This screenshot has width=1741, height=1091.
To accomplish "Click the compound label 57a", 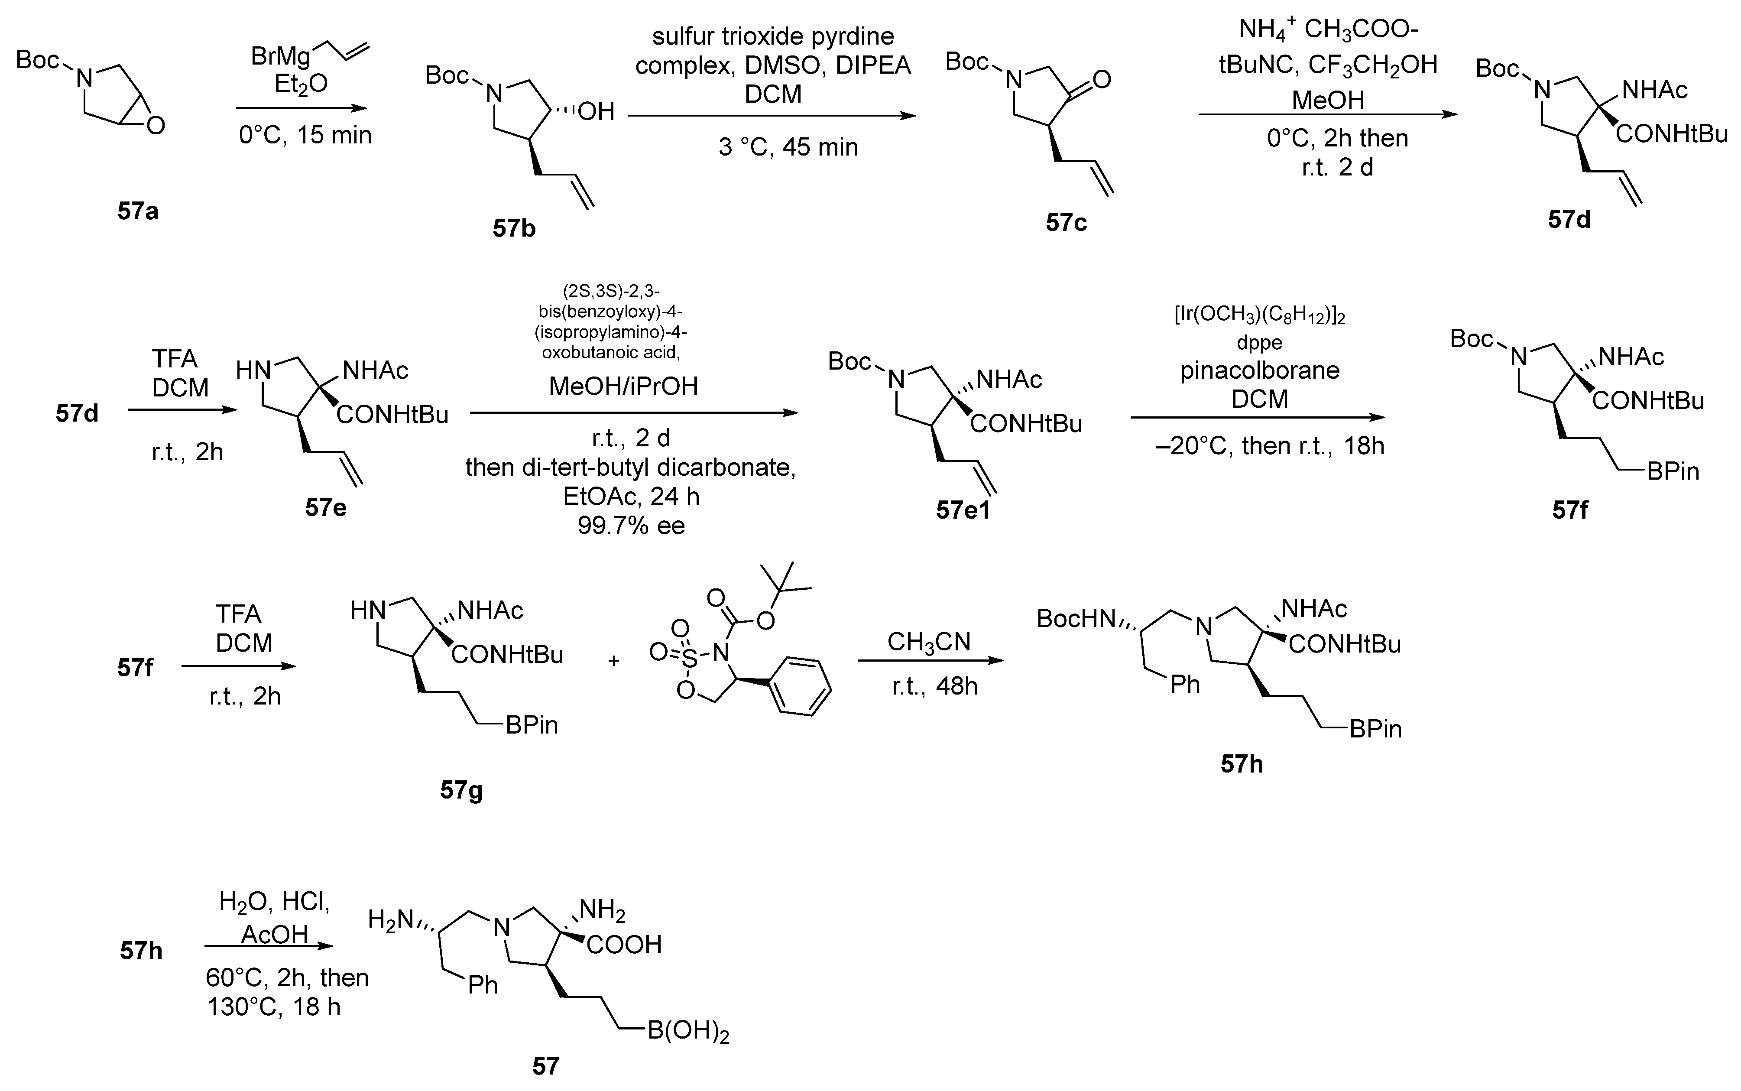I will tap(138, 211).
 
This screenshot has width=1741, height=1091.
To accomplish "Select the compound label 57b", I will tap(514, 229).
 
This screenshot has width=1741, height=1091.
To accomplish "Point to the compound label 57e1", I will tap(963, 510).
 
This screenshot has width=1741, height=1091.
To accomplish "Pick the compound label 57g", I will tap(462, 791).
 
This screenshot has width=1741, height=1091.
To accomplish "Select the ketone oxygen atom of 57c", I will tap(1101, 79).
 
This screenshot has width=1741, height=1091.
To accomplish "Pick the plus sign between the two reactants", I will tap(614, 660).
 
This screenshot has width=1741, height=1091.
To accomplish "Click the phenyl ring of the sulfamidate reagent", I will tap(798, 685).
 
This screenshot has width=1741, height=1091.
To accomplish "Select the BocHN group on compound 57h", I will tap(1075, 618).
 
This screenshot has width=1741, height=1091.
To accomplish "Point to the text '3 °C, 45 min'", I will tap(788, 147).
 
